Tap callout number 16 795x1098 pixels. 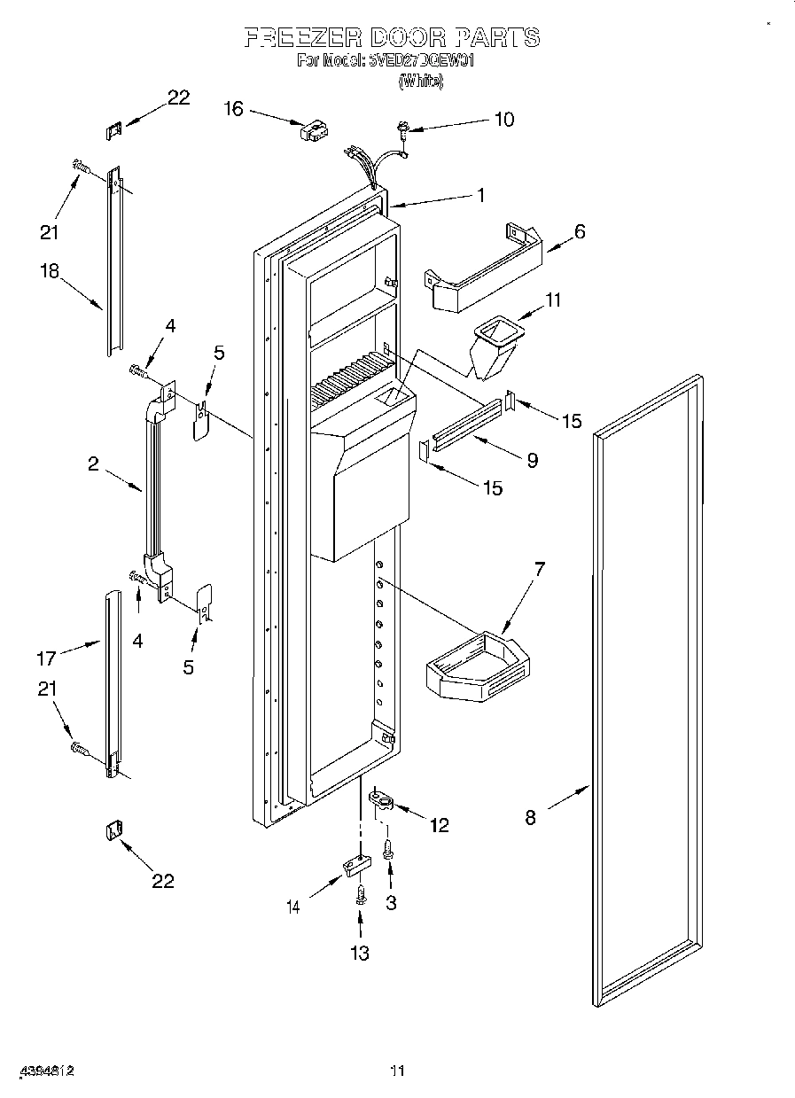(x=233, y=109)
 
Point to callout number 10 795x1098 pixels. (x=503, y=120)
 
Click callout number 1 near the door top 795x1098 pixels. (x=481, y=196)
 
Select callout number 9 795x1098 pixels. (x=532, y=460)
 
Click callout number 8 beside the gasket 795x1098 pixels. (x=530, y=818)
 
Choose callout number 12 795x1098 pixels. (x=439, y=826)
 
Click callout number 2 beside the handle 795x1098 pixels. (x=93, y=463)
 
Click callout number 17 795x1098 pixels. (x=46, y=658)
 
